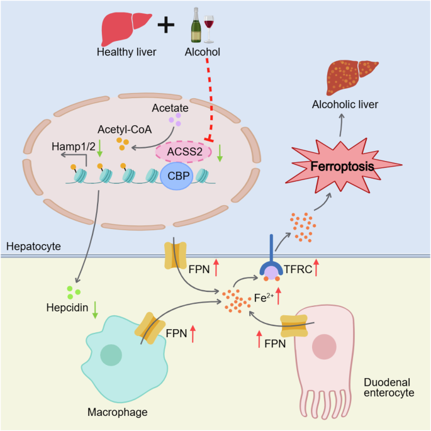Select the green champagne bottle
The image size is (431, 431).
(x=195, y=26)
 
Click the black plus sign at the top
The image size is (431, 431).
(x=165, y=25)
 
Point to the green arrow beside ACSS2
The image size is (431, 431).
(x=219, y=154)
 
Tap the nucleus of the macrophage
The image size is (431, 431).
(x=111, y=355)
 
